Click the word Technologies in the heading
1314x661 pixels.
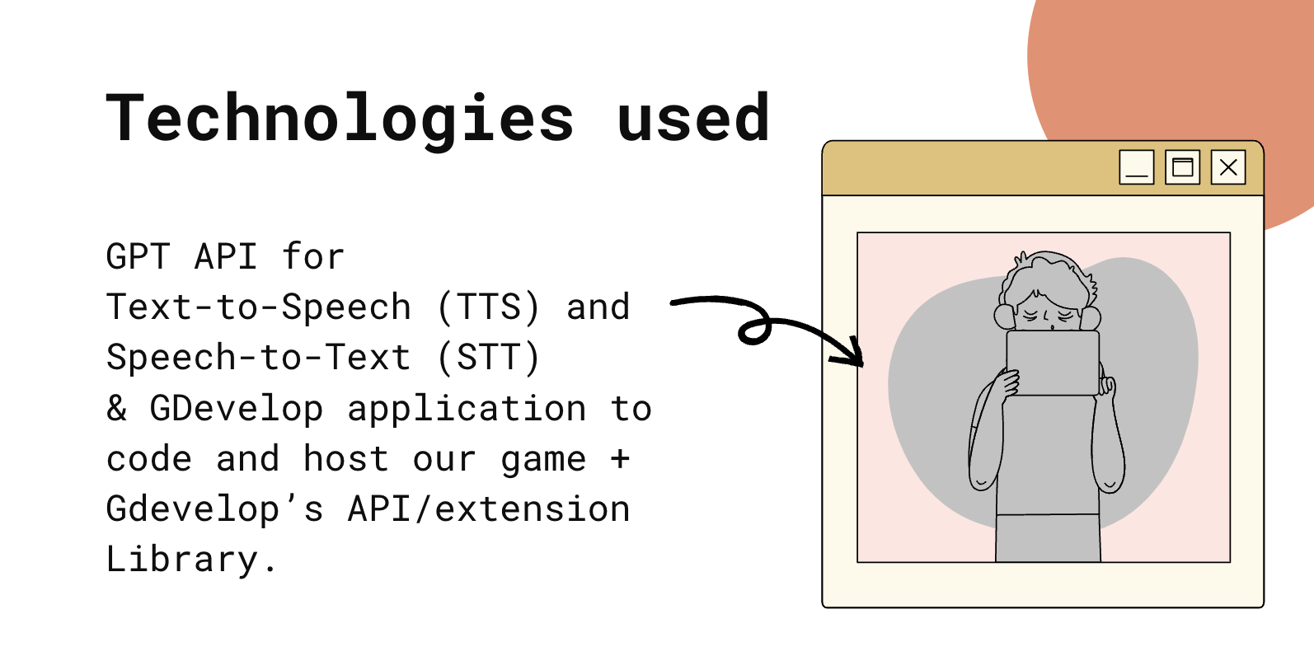point(340,120)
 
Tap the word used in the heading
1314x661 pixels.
point(693,117)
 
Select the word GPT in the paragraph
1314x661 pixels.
point(138,256)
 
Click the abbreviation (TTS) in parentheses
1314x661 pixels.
point(488,307)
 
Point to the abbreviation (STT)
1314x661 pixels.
point(488,358)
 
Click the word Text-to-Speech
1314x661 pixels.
point(259,307)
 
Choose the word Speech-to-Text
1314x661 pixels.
point(259,358)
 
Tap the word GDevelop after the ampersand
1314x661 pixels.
point(237,409)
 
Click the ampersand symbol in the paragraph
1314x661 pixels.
point(116,408)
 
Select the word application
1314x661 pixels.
point(467,409)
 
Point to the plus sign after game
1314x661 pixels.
point(620,458)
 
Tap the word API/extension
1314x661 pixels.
point(489,509)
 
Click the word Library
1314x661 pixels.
point(182,559)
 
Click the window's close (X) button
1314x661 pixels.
point(1228,167)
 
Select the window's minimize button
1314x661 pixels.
point(1136,167)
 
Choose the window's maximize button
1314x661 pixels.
point(1182,167)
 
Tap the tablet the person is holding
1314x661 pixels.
point(1053,363)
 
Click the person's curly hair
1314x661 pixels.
point(1048,275)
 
